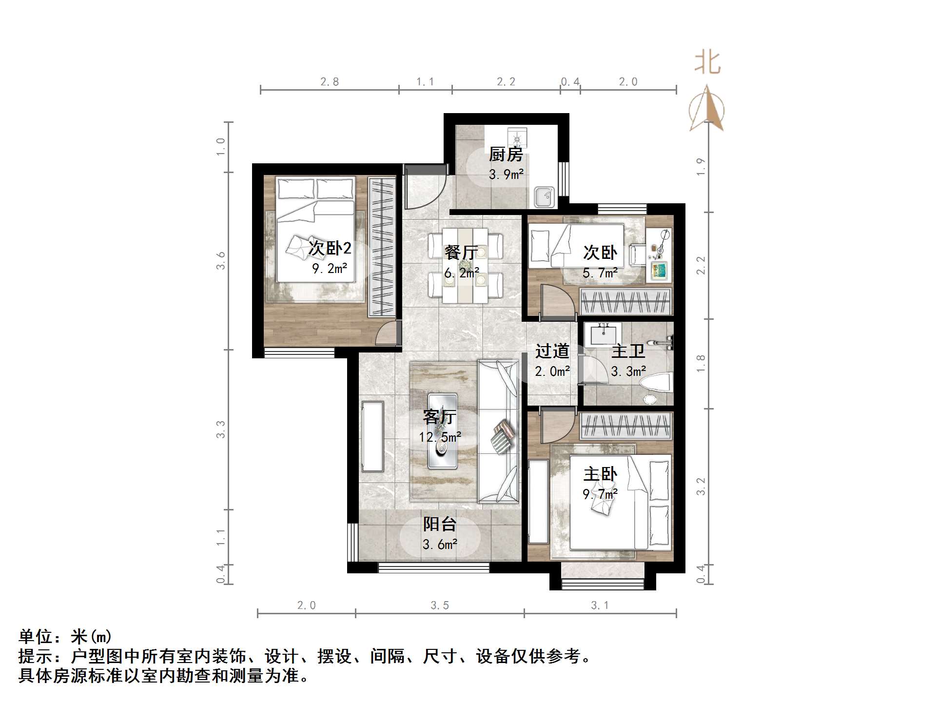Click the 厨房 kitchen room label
506,155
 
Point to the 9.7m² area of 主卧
600,494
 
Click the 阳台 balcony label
439,524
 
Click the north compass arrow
706,108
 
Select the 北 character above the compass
707,63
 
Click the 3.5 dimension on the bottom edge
439,605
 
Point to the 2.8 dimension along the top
330,82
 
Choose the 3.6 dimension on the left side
221,260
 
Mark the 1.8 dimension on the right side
701,364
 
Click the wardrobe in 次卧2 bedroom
382,248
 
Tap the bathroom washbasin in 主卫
603,334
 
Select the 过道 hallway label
552,351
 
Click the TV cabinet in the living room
372,436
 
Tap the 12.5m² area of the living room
439,437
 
